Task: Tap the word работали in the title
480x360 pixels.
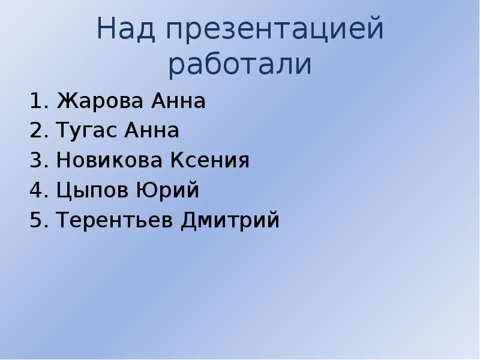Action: tap(240, 65)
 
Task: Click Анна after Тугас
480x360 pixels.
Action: tap(152, 131)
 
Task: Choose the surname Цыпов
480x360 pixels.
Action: tap(85, 191)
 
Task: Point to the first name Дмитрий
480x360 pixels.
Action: tap(230, 221)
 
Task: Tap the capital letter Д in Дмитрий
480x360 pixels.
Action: tap(188, 221)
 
